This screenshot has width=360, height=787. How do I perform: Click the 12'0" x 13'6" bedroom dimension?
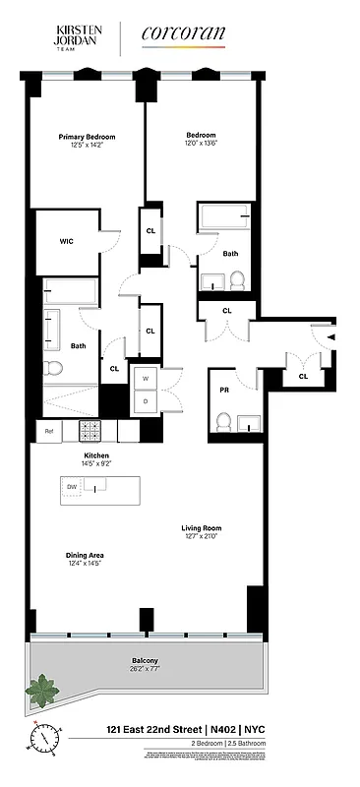202,144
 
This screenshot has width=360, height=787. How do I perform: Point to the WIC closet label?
66,241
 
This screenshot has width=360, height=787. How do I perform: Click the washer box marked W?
145,379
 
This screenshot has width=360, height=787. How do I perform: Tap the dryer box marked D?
145,401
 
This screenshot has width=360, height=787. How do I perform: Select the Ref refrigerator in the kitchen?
48,431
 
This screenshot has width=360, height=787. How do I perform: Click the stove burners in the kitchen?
90,431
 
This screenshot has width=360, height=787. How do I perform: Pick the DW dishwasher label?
71,487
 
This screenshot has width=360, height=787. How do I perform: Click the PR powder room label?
224,390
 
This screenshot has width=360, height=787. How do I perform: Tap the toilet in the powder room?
223,423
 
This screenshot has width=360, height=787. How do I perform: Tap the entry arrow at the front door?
330,337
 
